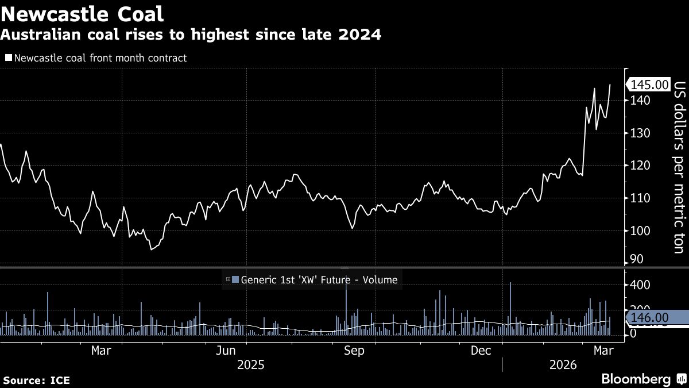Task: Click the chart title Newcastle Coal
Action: pyautogui.click(x=82, y=14)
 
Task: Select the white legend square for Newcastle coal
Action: pyautogui.click(x=8, y=58)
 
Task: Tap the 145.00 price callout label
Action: pyautogui.click(x=649, y=85)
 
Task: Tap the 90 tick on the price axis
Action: pyautogui.click(x=637, y=260)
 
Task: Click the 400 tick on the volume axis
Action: pyautogui.click(x=641, y=285)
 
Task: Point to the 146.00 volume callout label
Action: pyautogui.click(x=649, y=317)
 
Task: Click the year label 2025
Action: pyautogui.click(x=251, y=365)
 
